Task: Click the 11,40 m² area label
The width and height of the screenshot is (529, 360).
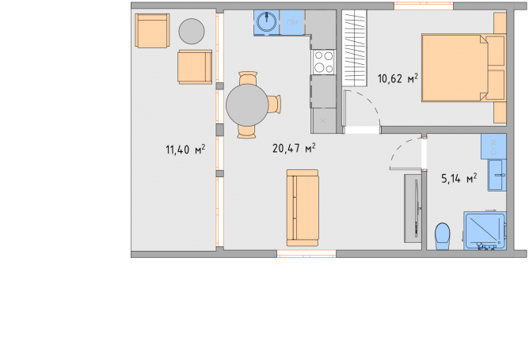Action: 185,150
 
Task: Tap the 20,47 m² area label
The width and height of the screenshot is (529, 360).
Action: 294,148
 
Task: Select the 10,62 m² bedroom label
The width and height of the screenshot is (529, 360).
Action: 398,78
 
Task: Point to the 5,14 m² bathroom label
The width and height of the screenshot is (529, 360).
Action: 459,178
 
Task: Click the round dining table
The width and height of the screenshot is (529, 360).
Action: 247,104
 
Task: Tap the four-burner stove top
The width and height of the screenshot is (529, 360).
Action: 324,62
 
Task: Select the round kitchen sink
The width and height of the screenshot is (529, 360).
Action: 267,22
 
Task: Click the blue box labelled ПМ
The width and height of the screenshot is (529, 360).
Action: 292,22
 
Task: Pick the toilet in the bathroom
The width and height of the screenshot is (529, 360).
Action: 443,236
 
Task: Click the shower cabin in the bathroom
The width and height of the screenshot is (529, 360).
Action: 485,231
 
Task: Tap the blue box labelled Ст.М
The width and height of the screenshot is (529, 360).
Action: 493,146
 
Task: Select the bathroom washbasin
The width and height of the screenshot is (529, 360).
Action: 497,176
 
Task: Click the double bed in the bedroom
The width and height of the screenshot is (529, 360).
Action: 464,68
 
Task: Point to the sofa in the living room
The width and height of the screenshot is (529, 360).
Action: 303,207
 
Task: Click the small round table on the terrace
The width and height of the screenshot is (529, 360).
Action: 192,32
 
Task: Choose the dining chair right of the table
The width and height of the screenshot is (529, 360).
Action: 274,104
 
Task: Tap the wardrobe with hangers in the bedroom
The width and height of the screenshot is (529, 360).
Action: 354,48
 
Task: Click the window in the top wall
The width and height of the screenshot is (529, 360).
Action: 424,6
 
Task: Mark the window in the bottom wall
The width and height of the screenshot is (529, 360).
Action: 306,254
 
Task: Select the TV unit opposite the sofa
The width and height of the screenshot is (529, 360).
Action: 413,208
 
